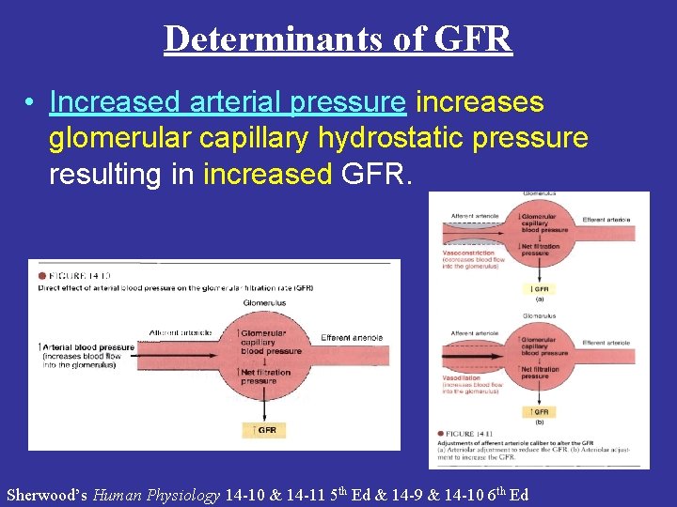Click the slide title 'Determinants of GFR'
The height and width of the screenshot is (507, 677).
[x=338, y=38]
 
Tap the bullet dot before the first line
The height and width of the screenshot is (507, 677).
[x=31, y=101]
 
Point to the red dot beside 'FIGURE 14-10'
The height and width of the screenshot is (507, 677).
[x=42, y=275]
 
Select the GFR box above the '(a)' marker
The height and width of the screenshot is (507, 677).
[x=540, y=289]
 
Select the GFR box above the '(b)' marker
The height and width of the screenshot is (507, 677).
[x=540, y=411]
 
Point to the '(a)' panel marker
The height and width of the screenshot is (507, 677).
[x=540, y=300]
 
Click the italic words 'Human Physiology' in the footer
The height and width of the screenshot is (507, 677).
[x=156, y=495]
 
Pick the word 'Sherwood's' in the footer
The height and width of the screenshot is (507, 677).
[x=47, y=495]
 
